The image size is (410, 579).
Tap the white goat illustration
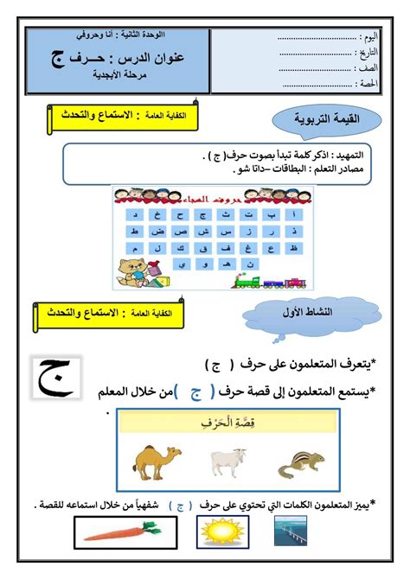coord(228,461)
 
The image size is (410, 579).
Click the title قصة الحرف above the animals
coord(226,423)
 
